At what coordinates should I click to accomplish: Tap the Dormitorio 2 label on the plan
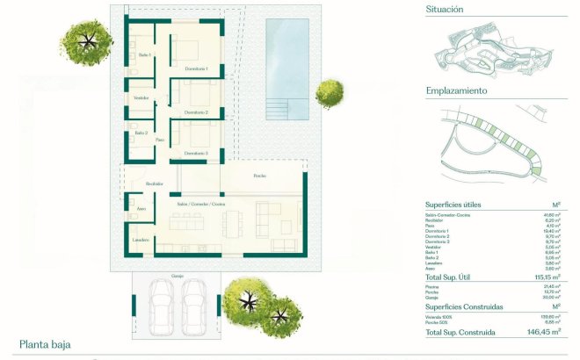(x=196, y=113)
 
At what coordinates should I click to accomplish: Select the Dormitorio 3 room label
(x=196, y=153)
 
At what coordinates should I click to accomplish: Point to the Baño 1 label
(x=145, y=55)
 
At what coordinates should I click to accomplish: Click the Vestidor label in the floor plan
(x=141, y=97)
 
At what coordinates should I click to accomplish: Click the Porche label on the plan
(x=259, y=176)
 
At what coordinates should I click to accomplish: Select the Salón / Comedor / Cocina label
(x=201, y=203)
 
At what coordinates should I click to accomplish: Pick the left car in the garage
(x=161, y=303)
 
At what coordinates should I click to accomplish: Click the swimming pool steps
(x=277, y=109)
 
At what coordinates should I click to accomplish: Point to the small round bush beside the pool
(x=330, y=90)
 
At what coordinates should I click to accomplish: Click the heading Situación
(x=445, y=10)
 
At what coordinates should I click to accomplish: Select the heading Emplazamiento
(x=456, y=90)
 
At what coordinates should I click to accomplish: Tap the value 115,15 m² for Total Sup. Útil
(x=547, y=276)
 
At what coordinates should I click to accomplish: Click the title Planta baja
(x=45, y=345)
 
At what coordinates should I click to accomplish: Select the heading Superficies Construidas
(x=464, y=306)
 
